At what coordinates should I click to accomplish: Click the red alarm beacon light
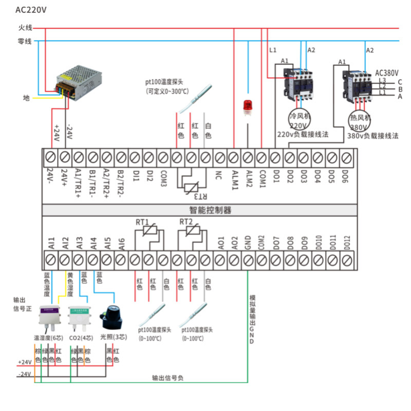[x=248, y=107]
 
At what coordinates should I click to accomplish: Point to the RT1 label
[x=142, y=222]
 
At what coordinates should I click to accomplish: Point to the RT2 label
[x=186, y=222]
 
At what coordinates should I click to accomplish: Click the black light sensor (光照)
[x=113, y=317]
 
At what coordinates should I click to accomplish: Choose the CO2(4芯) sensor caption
[x=81, y=338]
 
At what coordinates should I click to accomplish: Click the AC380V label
[x=387, y=73]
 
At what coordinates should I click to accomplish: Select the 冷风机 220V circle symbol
[x=300, y=120]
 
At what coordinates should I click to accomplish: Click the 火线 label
[x=25, y=28]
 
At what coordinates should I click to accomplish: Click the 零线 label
[x=25, y=41]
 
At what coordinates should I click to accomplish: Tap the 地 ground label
[x=26, y=98]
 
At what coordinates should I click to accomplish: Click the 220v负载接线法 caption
[x=303, y=135]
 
